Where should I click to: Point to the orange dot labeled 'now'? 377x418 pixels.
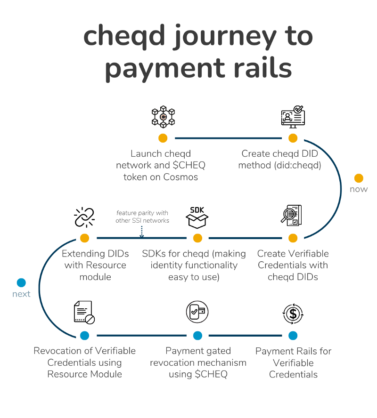359,178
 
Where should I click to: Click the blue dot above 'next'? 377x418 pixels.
21,283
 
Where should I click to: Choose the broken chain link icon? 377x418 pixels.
85,217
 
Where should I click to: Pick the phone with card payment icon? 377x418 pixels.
197,313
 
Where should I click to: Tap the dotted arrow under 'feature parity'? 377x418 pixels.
142,231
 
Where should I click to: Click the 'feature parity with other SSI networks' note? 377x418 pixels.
142,217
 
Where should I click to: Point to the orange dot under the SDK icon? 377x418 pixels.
197,238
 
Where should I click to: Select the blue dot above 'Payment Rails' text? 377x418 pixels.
293,336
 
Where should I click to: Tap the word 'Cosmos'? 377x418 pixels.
180,177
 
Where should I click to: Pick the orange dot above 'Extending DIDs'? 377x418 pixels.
85,238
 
